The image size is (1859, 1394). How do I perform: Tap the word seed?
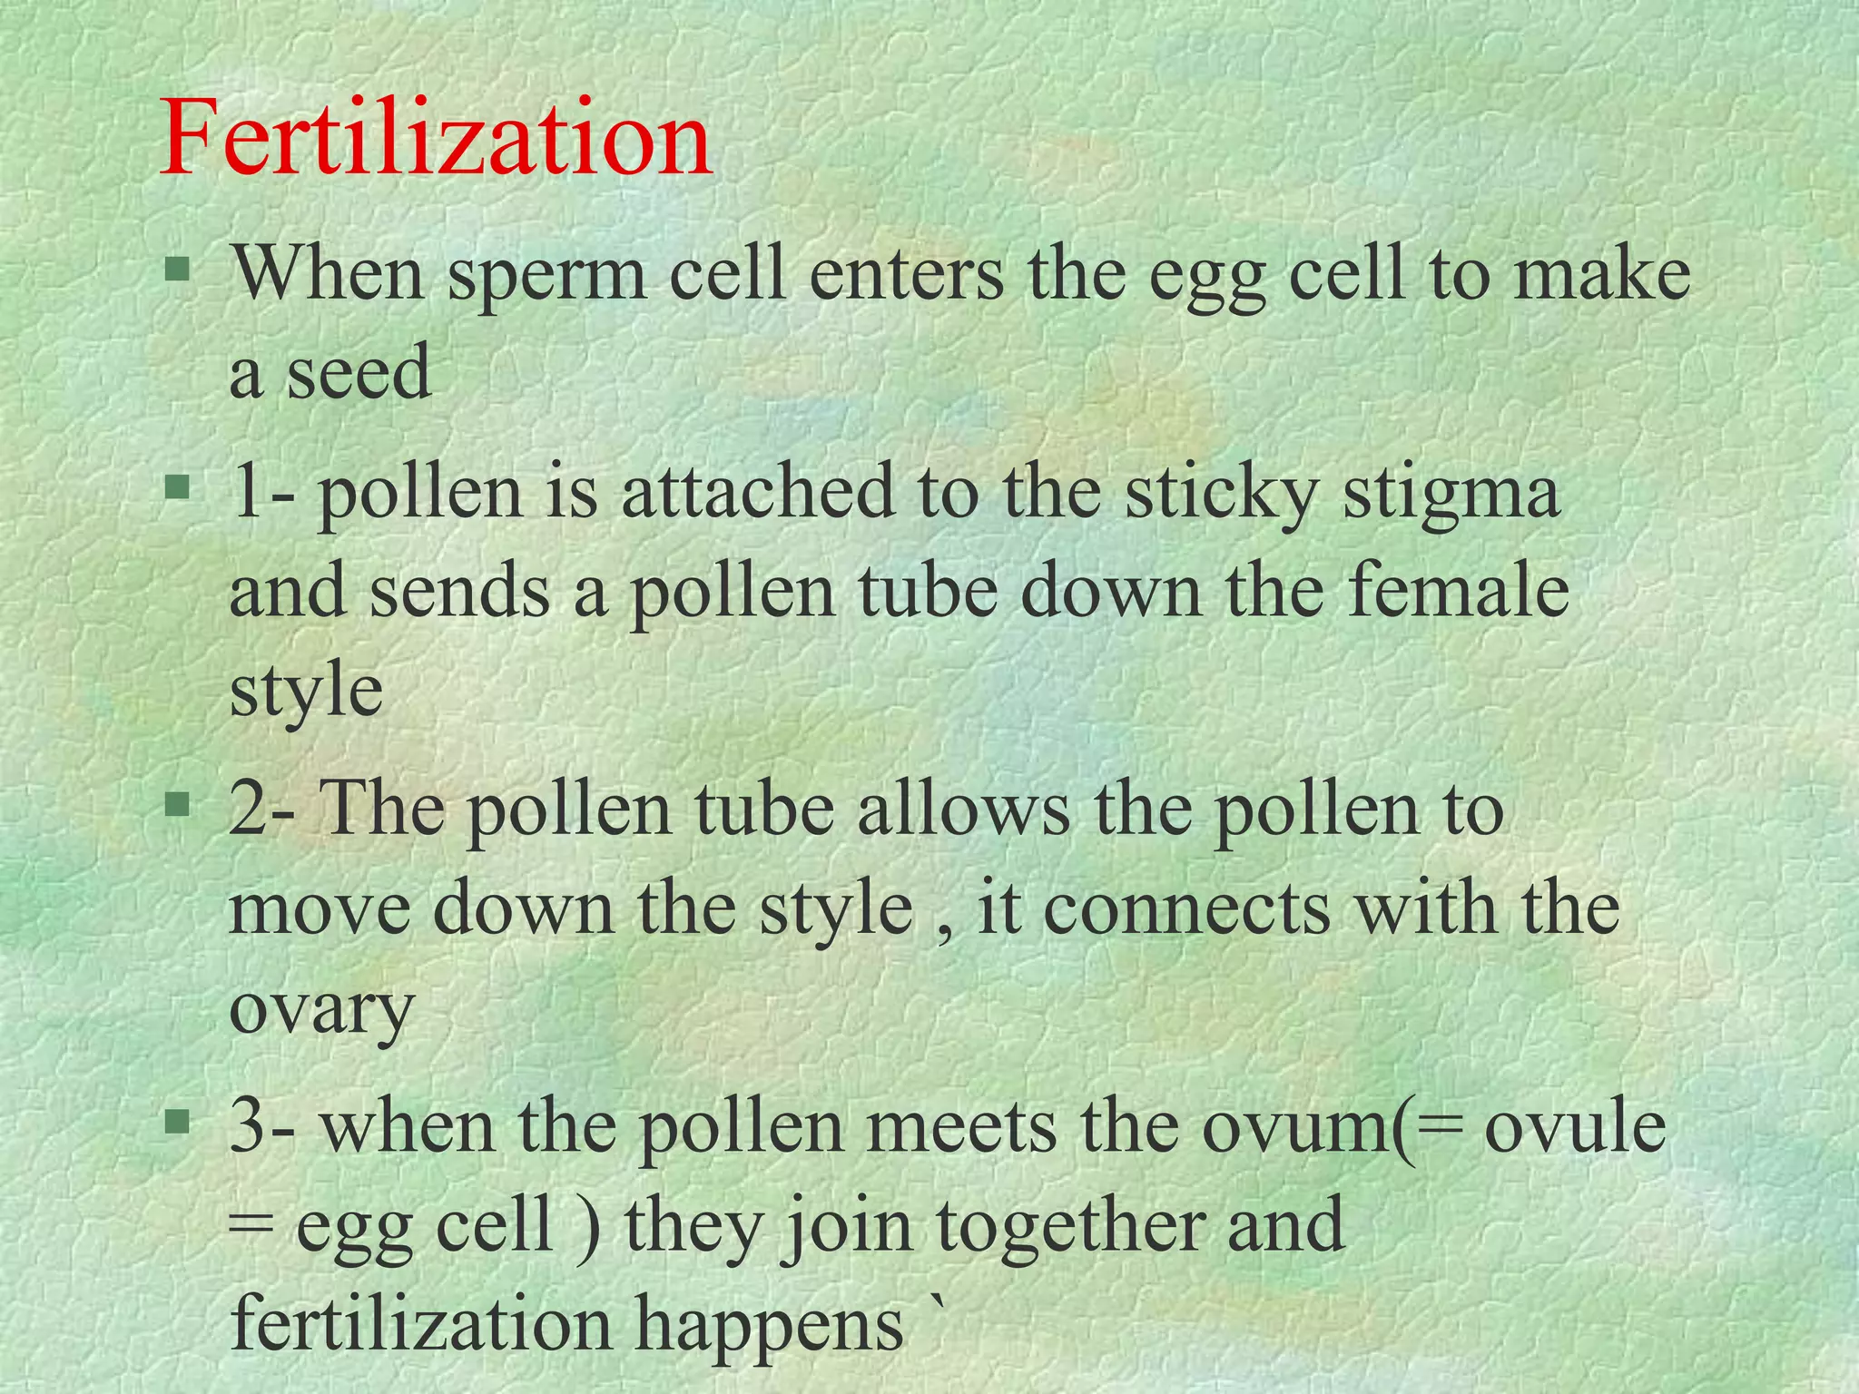pyautogui.click(x=359, y=372)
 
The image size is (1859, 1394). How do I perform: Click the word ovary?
pyautogui.click(x=321, y=1009)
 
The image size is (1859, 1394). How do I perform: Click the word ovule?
pyautogui.click(x=1575, y=1125)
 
